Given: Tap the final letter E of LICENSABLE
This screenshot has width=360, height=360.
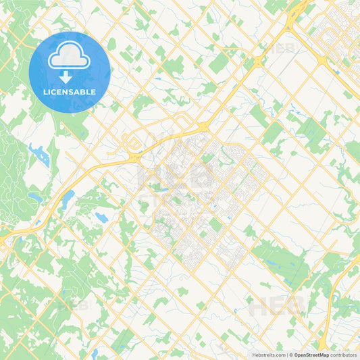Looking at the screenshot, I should pyautogui.click(x=94, y=92).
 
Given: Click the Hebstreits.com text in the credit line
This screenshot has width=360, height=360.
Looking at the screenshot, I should pyautogui.click(x=267, y=355).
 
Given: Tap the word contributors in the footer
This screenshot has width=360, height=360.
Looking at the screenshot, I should pyautogui.click(x=344, y=355).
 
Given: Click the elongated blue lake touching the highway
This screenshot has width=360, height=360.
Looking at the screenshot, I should pyautogui.click(x=68, y=199).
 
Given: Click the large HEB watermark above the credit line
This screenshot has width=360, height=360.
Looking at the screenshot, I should pyautogui.click(x=277, y=307).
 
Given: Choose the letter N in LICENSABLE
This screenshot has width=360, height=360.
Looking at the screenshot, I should pyautogui.click(x=67, y=92).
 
